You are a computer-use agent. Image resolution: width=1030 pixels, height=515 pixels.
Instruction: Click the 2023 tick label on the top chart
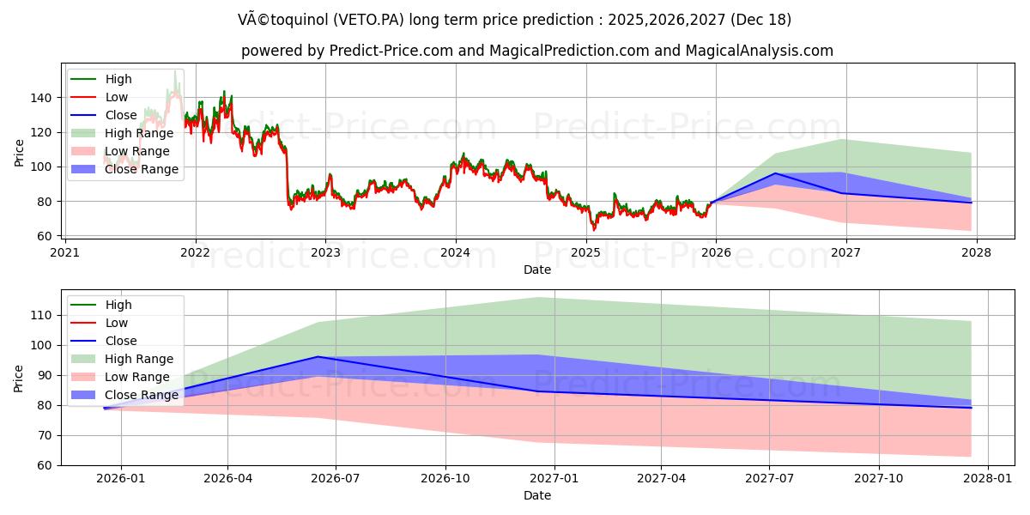tap(325, 252)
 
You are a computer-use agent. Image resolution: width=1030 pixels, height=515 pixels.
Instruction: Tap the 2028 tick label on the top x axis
tap(976, 252)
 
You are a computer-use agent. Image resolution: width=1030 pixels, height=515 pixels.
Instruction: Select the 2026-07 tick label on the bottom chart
tap(336, 478)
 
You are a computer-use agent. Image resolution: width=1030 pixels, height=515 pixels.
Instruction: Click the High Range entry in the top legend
tap(138, 133)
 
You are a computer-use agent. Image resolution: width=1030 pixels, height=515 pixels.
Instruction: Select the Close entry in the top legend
tap(120, 115)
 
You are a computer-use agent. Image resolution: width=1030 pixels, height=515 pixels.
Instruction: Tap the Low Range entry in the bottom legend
tap(136, 377)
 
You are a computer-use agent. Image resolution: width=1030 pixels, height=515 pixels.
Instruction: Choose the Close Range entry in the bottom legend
tap(142, 395)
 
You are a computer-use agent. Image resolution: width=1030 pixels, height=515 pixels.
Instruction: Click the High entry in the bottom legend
tap(118, 305)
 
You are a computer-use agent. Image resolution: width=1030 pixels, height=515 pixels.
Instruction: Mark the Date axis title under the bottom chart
tap(537, 495)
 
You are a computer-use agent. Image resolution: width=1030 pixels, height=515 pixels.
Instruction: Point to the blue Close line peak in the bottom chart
tap(318, 356)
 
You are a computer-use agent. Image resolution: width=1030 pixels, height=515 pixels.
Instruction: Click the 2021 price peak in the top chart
tap(175, 72)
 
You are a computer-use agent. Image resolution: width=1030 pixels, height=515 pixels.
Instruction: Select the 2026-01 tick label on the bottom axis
tap(121, 478)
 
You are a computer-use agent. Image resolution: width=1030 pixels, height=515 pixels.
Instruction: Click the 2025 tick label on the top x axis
tap(585, 252)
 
